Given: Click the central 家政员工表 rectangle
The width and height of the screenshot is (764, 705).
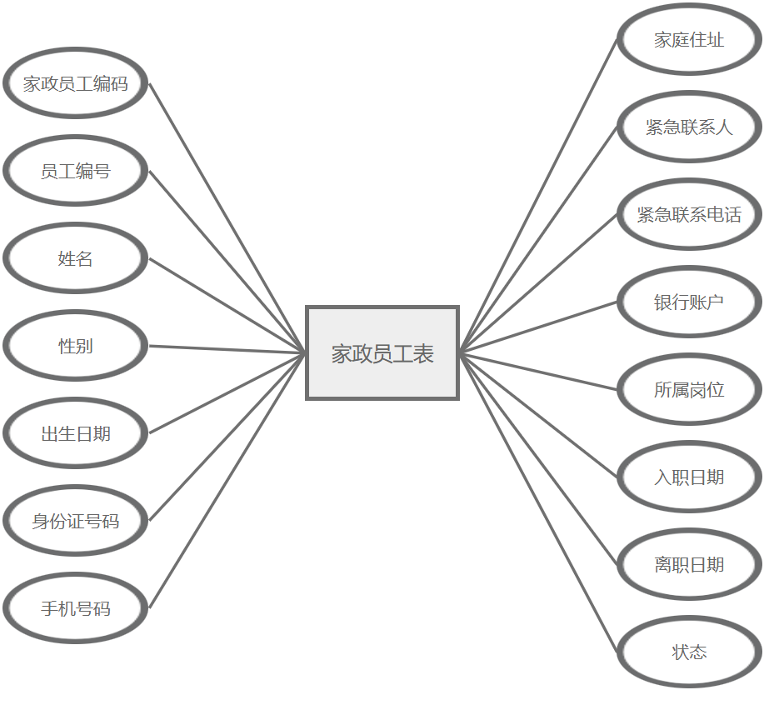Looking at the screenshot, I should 382,353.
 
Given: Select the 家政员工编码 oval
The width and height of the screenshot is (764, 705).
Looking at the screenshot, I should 75,84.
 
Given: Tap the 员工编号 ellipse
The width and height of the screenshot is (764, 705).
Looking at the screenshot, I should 75,172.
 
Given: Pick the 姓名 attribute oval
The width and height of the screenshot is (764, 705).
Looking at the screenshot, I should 75,259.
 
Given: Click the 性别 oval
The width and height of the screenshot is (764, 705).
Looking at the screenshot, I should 75,347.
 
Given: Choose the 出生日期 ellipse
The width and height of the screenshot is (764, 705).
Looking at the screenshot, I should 75,434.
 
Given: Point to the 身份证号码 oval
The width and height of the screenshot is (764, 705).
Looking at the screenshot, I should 75,522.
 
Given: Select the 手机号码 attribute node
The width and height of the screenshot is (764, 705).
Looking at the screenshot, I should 75,609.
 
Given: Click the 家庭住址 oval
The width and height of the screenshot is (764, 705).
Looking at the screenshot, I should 689,40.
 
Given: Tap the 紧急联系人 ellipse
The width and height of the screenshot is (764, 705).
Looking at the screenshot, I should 689,127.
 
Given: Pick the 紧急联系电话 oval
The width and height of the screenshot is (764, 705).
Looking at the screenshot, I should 689,215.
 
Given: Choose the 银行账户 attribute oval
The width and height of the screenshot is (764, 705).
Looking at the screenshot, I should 689,302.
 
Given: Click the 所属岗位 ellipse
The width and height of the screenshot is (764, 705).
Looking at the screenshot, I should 689,390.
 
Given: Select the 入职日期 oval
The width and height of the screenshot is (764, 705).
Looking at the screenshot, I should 689,477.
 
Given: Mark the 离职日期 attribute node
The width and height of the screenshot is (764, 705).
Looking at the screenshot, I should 689,565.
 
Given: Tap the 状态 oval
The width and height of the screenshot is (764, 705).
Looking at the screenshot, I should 689,652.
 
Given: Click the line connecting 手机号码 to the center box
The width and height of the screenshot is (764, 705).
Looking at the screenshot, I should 227,481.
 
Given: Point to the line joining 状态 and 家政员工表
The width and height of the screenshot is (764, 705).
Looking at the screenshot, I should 539,502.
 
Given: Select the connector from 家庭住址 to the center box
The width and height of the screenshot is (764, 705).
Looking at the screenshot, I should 539,196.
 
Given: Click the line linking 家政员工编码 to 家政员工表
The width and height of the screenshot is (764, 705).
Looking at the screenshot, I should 227,218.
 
